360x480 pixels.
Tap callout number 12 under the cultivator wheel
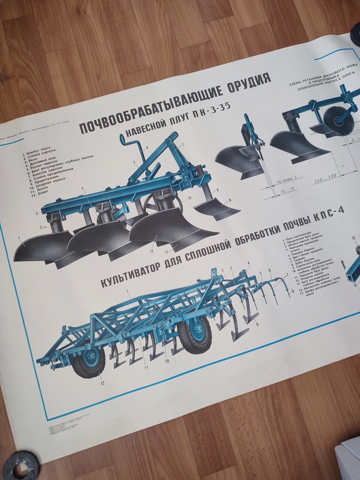101,383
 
